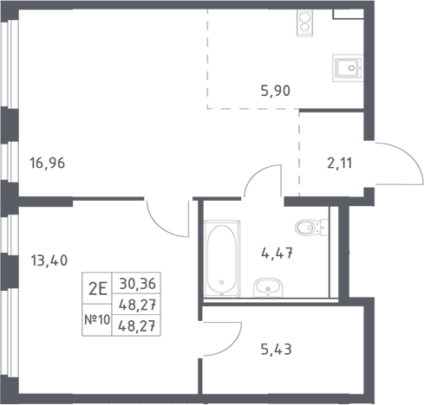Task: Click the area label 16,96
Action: pos(48,163)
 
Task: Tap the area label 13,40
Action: pos(49,260)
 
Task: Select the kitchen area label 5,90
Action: pos(276,91)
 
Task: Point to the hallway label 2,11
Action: pos(340,164)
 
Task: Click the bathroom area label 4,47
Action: pos(277,254)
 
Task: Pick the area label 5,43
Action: pos(277,350)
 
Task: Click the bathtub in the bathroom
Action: pos(222,259)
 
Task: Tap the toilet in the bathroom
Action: pos(311,228)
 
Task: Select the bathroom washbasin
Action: pos(268,287)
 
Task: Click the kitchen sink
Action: pos(348,68)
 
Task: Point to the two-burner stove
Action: pos(304,23)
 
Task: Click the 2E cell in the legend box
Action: pos(98,289)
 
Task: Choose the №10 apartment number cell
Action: pos(97,319)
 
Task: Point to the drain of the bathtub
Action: pos(222,282)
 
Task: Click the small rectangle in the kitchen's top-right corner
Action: pos(348,14)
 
